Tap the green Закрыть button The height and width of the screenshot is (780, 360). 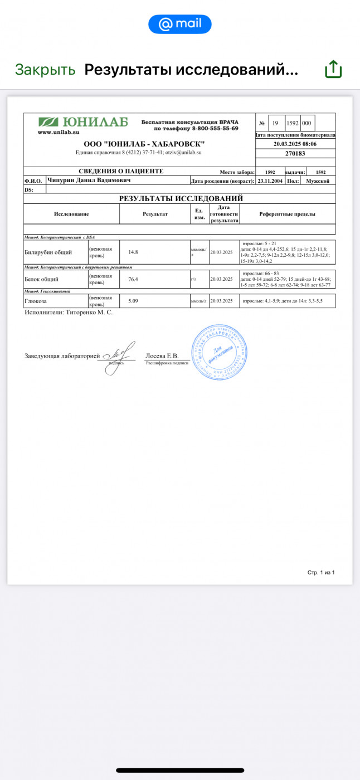pos(45,70)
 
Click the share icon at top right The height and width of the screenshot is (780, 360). pos(333,70)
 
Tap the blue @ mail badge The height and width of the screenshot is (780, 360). pos(179,25)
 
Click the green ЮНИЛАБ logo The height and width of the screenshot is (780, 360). pos(83,122)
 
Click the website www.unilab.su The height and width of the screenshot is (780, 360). pos(59,132)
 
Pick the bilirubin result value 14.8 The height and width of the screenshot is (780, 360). pos(133,252)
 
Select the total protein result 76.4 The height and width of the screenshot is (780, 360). pos(133,279)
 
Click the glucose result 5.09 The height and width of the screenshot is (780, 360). pos(133,301)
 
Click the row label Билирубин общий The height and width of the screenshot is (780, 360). pos(48,252)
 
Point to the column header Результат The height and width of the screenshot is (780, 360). pos(155,214)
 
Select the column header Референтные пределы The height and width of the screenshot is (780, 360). pos(287,214)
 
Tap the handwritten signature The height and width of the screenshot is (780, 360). pos(118,352)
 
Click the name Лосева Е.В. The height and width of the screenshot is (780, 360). pos(162,355)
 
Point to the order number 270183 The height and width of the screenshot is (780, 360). pos(295,153)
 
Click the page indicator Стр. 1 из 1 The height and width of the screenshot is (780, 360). pos(321,572)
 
